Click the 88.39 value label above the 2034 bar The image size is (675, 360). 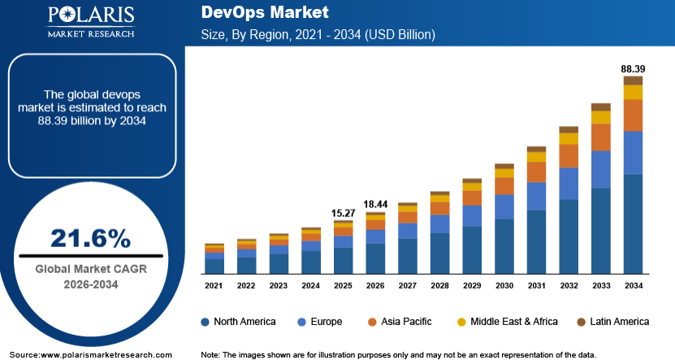[633, 69]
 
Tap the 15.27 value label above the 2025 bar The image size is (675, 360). [343, 213]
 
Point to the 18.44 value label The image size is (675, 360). [375, 205]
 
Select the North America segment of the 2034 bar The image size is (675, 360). [634, 224]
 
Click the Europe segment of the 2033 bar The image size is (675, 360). [601, 169]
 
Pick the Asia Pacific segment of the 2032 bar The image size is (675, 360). [569, 156]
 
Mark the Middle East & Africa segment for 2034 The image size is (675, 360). [634, 92]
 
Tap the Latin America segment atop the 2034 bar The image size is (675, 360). [634, 80]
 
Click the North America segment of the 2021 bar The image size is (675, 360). [214, 267]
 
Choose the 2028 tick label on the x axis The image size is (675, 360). [439, 285]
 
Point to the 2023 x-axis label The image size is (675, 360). [279, 285]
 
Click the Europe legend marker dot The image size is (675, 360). [302, 322]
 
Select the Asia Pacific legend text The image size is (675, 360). [406, 322]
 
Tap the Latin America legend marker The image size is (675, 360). [581, 322]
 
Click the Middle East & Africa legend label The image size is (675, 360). [514, 322]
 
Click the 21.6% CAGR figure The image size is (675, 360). [90, 238]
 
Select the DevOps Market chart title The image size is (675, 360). [265, 12]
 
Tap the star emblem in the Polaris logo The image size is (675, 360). [68, 15]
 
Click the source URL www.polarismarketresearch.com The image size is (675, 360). [106, 355]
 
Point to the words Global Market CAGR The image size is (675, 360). [91, 269]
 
